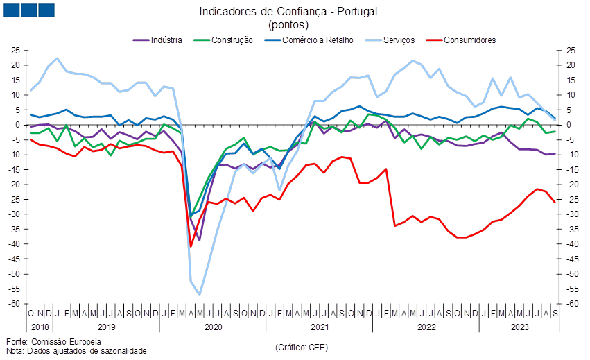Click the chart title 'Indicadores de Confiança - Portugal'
[288, 12]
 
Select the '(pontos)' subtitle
[288, 25]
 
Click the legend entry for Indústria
[157, 40]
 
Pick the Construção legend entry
[223, 40]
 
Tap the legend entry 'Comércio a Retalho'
[309, 40]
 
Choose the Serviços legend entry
[390, 40]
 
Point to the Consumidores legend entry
[461, 40]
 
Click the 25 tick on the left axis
[15, 51]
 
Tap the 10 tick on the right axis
[571, 95]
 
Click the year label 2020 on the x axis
[214, 327]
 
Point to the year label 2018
[40, 327]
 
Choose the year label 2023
[520, 327]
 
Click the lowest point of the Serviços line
[200, 295]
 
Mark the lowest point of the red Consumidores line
[191, 246]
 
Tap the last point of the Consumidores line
[555, 203]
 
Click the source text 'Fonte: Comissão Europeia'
[54, 341]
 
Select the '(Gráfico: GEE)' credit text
[302, 348]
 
